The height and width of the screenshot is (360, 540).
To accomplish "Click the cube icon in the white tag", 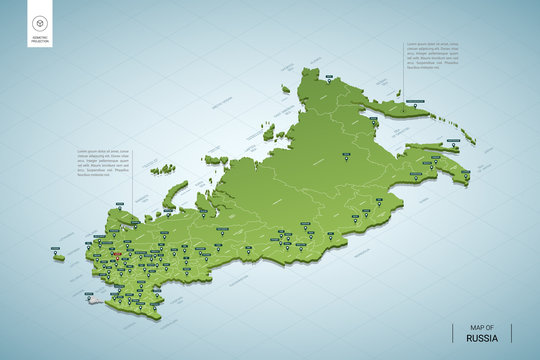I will pos(40,23).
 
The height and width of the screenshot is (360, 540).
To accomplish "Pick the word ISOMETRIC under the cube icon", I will pos(40,37).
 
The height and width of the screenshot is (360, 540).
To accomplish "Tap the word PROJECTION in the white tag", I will pos(40,41).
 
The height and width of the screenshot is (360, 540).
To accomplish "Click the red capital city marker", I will pos(115,255).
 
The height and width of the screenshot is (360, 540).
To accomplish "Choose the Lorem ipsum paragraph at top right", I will pos(431,56).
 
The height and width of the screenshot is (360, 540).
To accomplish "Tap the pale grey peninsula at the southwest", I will pos(90,298).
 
